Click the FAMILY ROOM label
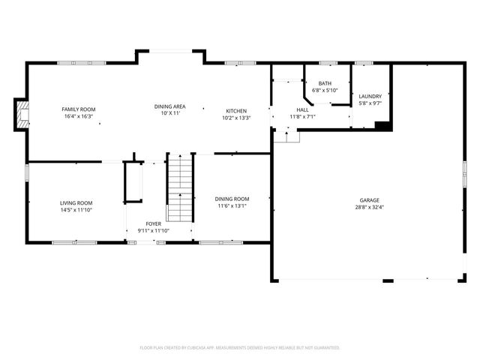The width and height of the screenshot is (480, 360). [x=78, y=109]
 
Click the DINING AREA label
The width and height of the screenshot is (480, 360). [x=170, y=106]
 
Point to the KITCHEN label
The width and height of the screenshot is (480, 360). [x=236, y=110]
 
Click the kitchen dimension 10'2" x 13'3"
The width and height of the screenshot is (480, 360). [x=236, y=118]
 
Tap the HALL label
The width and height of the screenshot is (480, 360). [x=303, y=110]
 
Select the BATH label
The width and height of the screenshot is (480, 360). [x=325, y=83]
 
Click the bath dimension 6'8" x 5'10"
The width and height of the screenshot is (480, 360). [x=325, y=91]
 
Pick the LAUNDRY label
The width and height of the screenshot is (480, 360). [x=370, y=96]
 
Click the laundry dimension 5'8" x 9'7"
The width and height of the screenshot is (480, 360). [x=370, y=103]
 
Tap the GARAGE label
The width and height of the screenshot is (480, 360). [x=369, y=200]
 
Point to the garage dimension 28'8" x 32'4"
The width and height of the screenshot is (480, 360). [x=369, y=208]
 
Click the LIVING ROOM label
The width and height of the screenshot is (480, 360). [x=76, y=202]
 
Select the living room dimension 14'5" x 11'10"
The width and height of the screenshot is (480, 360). [x=76, y=210]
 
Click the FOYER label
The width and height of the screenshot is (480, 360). [x=153, y=223]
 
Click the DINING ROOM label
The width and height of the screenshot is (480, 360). [x=233, y=199]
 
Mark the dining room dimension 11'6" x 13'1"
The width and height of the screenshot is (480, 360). [x=233, y=206]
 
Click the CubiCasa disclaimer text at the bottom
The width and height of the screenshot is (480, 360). [x=240, y=348]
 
